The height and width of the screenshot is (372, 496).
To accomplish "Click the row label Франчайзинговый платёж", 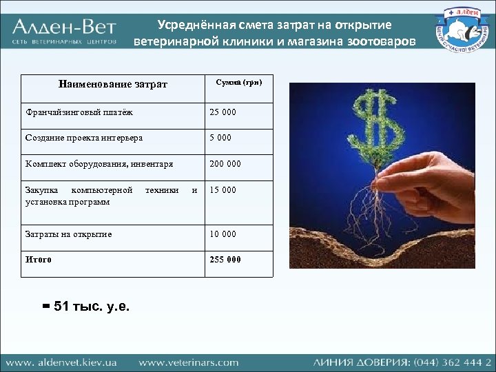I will (79, 112).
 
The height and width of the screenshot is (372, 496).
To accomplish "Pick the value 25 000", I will (223, 112).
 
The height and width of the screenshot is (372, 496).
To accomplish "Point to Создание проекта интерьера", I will (84, 138).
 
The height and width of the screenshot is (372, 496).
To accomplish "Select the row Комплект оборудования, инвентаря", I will (99, 164).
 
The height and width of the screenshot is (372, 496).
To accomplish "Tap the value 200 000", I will (225, 164).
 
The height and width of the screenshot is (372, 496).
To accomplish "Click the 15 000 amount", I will (223, 190).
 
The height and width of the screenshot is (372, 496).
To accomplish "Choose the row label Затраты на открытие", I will (68, 234).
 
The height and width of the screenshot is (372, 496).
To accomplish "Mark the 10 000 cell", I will (223, 234).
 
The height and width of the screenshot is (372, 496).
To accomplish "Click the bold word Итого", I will (39, 260).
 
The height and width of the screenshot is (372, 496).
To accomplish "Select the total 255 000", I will (225, 260).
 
